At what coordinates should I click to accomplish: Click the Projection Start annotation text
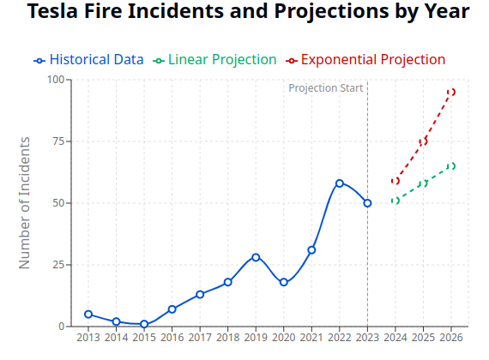tap(326, 88)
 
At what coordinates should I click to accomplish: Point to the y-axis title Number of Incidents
tap(25, 202)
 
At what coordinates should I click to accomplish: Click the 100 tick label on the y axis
tap(56, 80)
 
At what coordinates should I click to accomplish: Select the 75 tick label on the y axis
tap(58, 141)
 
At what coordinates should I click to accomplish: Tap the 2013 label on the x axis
tap(88, 337)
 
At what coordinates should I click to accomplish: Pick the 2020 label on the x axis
tap(284, 337)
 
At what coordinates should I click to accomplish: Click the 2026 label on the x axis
tap(451, 337)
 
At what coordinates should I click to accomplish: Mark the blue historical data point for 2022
tap(340, 183)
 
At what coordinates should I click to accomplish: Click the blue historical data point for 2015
tap(144, 324)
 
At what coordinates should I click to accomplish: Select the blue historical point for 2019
tap(256, 257)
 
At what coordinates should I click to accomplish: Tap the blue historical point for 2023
tap(367, 203)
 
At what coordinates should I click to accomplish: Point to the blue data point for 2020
tap(284, 282)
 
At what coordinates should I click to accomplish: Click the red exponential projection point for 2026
tap(451, 92)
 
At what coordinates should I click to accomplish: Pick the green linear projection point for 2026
tap(451, 166)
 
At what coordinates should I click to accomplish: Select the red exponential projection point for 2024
tap(395, 181)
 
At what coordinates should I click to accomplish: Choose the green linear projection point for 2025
tap(423, 183)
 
